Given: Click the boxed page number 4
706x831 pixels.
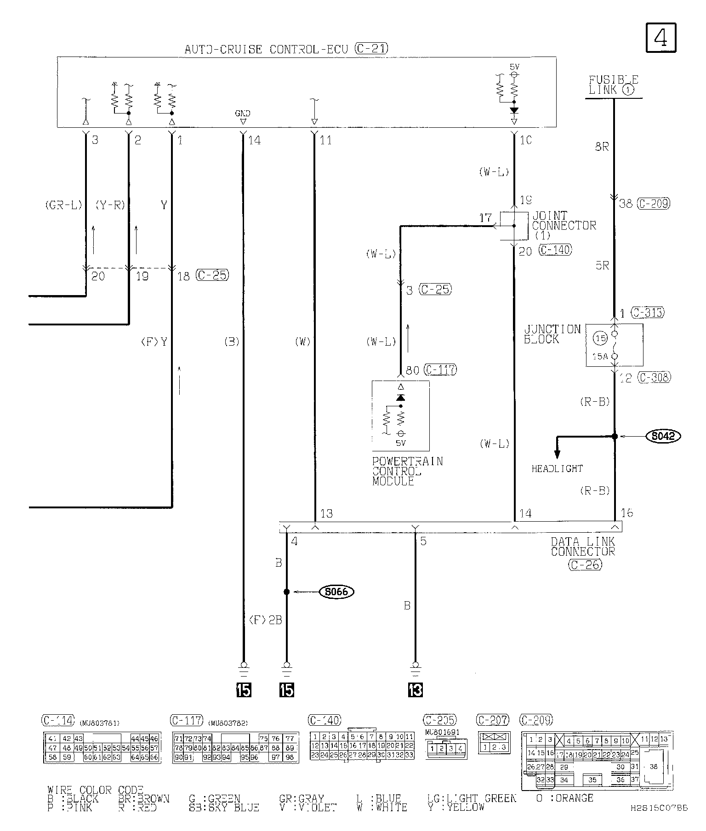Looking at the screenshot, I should [661, 38].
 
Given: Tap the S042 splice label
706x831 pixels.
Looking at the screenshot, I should [663, 436].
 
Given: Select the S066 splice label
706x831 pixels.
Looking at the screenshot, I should [336, 592].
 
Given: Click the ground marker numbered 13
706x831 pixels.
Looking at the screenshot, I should [415, 690].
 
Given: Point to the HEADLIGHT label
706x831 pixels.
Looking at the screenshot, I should [557, 469].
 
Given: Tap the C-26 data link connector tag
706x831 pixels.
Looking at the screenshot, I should [584, 565].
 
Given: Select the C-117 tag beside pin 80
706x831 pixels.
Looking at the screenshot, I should [440, 370].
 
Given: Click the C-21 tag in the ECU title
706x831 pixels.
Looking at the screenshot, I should [372, 48].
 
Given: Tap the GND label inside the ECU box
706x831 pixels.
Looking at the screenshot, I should [243, 113].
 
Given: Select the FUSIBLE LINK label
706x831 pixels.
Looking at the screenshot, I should [613, 85].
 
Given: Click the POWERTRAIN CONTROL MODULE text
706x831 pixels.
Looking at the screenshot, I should [407, 471].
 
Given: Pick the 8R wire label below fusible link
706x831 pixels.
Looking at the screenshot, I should [602, 148].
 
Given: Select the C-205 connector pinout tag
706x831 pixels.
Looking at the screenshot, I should [440, 720].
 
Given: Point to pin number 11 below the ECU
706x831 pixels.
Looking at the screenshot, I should [326, 140].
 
